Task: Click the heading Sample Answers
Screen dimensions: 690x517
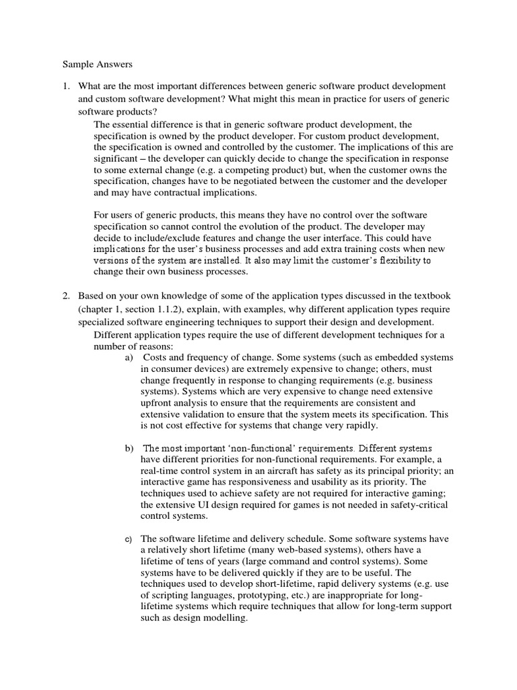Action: click(98, 65)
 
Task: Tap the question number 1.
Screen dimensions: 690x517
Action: click(66, 86)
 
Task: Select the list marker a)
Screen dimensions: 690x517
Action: click(129, 357)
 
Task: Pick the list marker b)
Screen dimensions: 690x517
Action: click(129, 448)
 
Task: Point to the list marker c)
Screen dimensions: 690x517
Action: click(128, 539)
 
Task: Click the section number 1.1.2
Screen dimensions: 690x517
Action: click(171, 309)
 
